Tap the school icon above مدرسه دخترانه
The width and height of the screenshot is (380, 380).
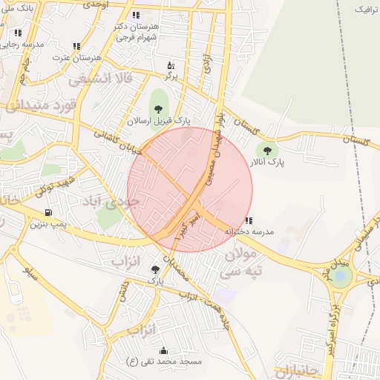tap(248, 220)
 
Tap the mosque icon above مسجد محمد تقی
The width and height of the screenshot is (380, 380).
tap(163, 350)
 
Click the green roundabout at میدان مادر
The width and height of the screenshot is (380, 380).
tap(340, 277)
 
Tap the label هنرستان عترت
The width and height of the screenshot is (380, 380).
tap(81, 56)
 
